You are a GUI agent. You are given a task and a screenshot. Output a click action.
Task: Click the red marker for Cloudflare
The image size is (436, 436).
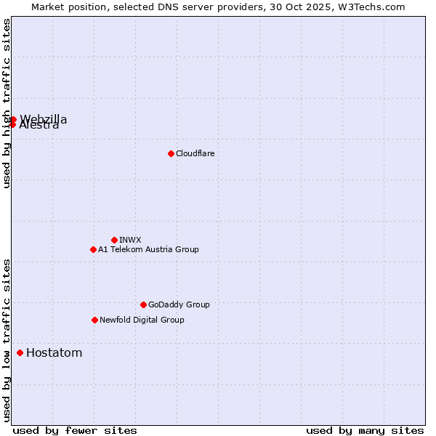tap(171, 153)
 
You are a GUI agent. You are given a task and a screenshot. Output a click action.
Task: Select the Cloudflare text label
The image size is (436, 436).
tap(195, 153)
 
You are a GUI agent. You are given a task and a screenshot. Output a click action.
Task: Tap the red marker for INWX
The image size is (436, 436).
tap(114, 240)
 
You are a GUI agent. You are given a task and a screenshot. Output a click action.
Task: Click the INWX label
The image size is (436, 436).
tap(130, 240)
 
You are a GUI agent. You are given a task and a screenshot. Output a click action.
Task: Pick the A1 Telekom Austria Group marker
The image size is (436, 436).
tap(93, 249)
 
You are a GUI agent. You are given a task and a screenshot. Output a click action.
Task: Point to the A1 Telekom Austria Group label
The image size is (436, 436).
tap(148, 249)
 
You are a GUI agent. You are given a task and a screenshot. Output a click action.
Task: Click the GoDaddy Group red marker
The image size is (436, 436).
tap(143, 304)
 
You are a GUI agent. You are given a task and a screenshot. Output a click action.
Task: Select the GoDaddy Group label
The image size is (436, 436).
tap(179, 304)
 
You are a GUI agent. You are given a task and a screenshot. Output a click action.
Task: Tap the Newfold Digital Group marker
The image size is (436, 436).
tap(94, 320)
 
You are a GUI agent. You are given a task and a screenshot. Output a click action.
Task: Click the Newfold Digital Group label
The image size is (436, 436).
tap(142, 320)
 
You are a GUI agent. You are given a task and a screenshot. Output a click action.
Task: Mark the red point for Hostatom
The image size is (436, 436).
tap(20, 353)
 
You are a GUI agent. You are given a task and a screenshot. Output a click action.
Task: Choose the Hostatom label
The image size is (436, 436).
tap(54, 353)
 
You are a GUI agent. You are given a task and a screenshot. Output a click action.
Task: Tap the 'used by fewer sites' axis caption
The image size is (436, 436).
tap(75, 430)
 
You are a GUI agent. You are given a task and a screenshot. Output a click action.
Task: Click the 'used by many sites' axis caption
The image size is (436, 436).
tap(365, 430)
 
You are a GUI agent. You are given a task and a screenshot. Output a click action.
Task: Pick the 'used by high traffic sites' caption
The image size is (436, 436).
tap(7, 103)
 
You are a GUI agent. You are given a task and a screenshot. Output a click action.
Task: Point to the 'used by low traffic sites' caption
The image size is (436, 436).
tap(7, 340)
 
